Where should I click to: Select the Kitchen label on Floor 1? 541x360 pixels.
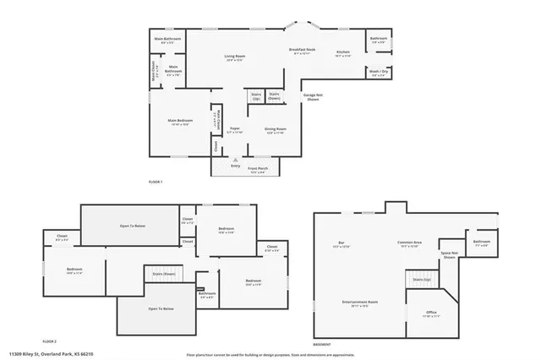point(342,53)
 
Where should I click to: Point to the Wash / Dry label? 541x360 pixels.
point(378,74)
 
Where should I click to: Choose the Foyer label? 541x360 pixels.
point(235,130)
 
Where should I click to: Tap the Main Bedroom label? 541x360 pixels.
point(180,123)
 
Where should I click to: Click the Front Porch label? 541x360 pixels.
point(258,169)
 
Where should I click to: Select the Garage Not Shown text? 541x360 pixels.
point(312,97)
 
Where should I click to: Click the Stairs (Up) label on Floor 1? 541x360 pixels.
point(256,95)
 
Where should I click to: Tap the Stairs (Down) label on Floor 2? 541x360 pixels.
point(163,274)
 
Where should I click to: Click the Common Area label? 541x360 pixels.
point(409,245)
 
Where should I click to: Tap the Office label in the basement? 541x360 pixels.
point(431,314)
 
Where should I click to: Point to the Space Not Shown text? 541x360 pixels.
point(448,255)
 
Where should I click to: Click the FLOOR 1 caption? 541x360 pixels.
point(155,182)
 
